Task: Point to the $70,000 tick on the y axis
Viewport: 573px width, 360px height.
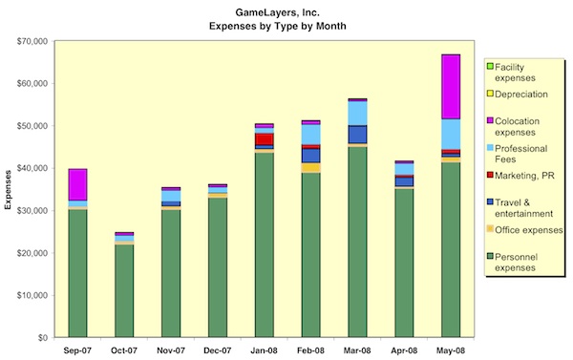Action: point(35,41)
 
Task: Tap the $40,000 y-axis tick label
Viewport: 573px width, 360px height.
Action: point(35,168)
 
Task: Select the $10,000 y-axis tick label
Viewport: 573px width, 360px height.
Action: point(35,295)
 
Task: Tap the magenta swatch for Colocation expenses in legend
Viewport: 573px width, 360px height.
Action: point(491,119)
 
